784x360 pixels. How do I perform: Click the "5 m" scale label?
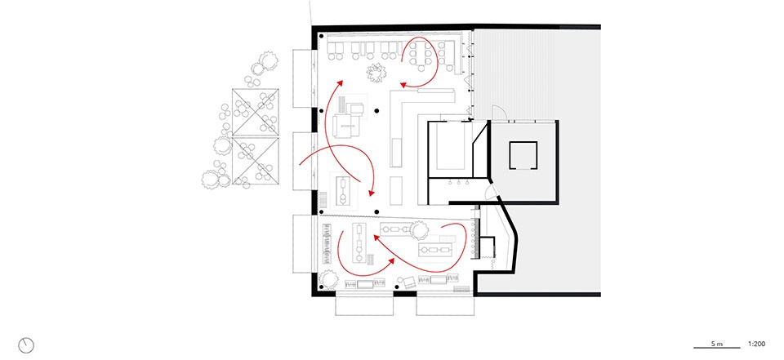pyautogui.click(x=716, y=344)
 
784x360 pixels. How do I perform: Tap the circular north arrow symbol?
pyautogui.click(x=26, y=344)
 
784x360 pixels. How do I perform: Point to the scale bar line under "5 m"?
pyautogui.click(x=716, y=348)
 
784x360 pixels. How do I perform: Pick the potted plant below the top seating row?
pyautogui.click(x=376, y=73)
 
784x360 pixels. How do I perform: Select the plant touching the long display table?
pyautogui.click(x=418, y=230)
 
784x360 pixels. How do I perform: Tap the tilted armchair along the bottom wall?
pyautogui.click(x=407, y=282)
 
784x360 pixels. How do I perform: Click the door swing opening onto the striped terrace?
pyautogui.click(x=498, y=113)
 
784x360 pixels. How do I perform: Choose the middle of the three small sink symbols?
pyautogui.click(x=458, y=183)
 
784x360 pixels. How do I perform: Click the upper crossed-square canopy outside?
pyautogui.click(x=255, y=113)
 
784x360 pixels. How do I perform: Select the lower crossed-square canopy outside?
pyautogui.click(x=255, y=160)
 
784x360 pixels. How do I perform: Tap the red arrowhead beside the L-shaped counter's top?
pyautogui.click(x=403, y=85)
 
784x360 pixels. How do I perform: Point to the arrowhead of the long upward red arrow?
pyautogui.click(x=341, y=82)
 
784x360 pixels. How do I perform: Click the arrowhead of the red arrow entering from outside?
pyautogui.click(x=371, y=193)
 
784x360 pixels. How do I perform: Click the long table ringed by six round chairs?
pyautogui.click(x=420, y=54)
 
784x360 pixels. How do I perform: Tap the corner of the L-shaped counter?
pyautogui.click(x=392, y=91)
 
